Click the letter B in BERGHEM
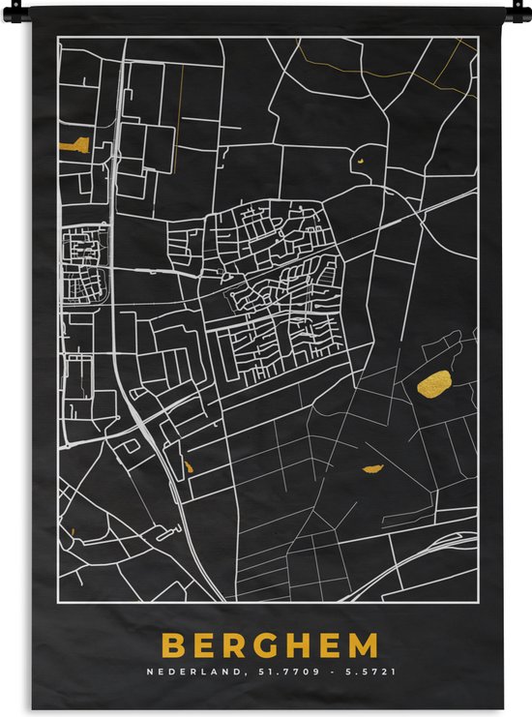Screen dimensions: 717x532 (x=173, y=645)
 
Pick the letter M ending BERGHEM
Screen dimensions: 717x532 (x=363, y=645)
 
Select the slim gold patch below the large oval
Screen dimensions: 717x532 (x=373, y=469)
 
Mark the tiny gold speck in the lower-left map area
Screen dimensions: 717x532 (x=73, y=531)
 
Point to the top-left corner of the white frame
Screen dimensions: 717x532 (x=57, y=37)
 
